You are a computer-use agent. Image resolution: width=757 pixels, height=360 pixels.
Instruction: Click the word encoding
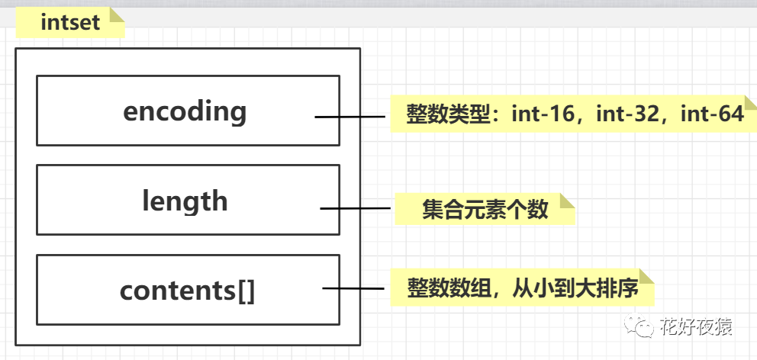click(185, 111)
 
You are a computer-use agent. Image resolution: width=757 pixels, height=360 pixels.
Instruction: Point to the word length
click(185, 201)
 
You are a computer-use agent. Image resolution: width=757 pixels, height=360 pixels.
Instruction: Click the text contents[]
click(187, 291)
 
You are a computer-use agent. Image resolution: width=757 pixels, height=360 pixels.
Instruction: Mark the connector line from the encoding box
click(351, 117)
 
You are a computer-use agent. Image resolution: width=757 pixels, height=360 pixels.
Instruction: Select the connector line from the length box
click(357, 207)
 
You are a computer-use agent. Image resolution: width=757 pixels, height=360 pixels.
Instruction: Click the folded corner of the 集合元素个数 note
click(567, 201)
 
